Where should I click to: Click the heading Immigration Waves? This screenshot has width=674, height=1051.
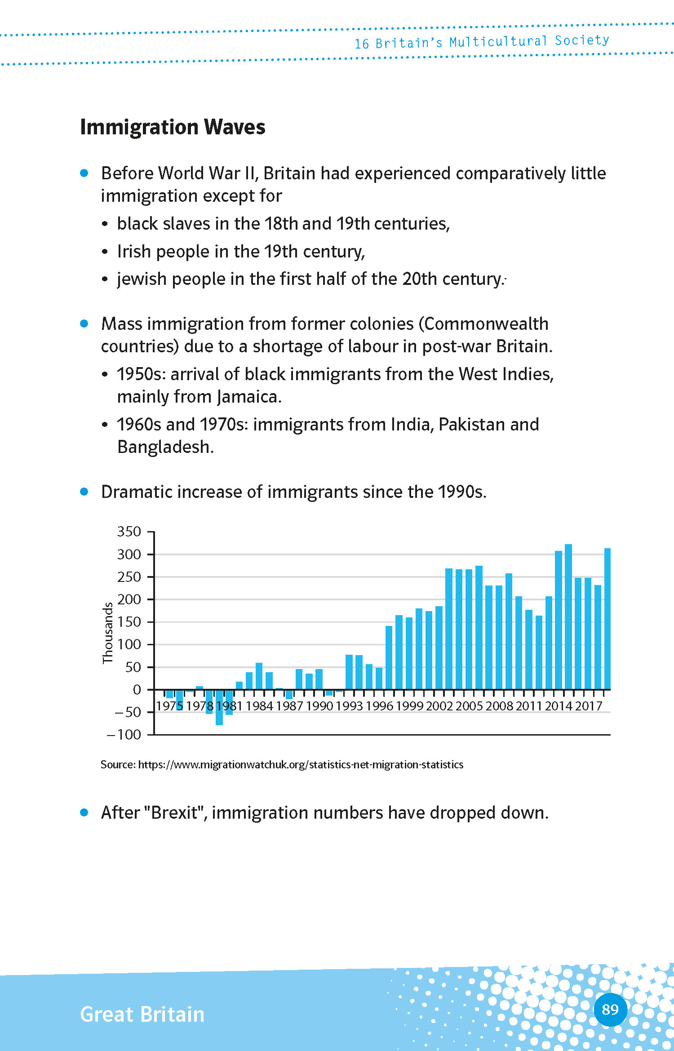click(x=173, y=127)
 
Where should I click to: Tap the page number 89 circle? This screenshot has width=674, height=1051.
click(x=610, y=1010)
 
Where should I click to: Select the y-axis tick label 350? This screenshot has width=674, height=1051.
click(x=129, y=532)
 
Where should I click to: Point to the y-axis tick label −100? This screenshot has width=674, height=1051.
click(x=124, y=735)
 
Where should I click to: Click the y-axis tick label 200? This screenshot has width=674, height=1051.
click(x=129, y=599)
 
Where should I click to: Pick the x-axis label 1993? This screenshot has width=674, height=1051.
click(x=349, y=706)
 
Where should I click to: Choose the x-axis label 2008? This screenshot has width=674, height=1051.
click(x=499, y=706)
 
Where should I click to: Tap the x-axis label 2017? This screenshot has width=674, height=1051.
click(x=589, y=706)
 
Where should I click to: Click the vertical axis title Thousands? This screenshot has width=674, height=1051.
click(x=108, y=633)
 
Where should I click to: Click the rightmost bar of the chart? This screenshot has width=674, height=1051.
click(x=607, y=618)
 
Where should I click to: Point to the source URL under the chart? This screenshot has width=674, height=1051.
click(x=300, y=765)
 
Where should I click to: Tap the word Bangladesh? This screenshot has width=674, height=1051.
click(x=165, y=447)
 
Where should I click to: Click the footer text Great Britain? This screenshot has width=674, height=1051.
click(x=142, y=1015)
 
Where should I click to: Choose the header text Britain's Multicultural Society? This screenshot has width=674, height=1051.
click(x=492, y=42)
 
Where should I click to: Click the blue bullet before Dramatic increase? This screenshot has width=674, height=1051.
click(x=84, y=492)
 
